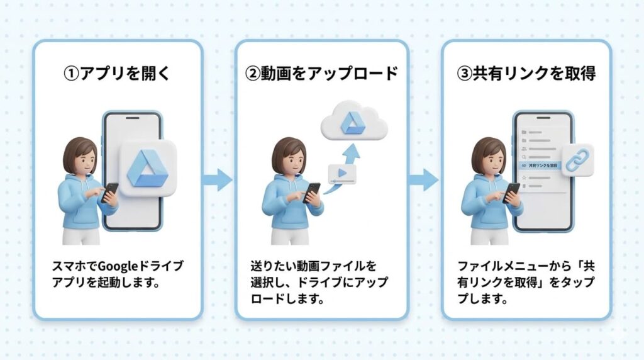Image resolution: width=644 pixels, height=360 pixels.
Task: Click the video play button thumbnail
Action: coord(342,174)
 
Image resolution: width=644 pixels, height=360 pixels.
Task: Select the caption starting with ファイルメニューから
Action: coord(525,281)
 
